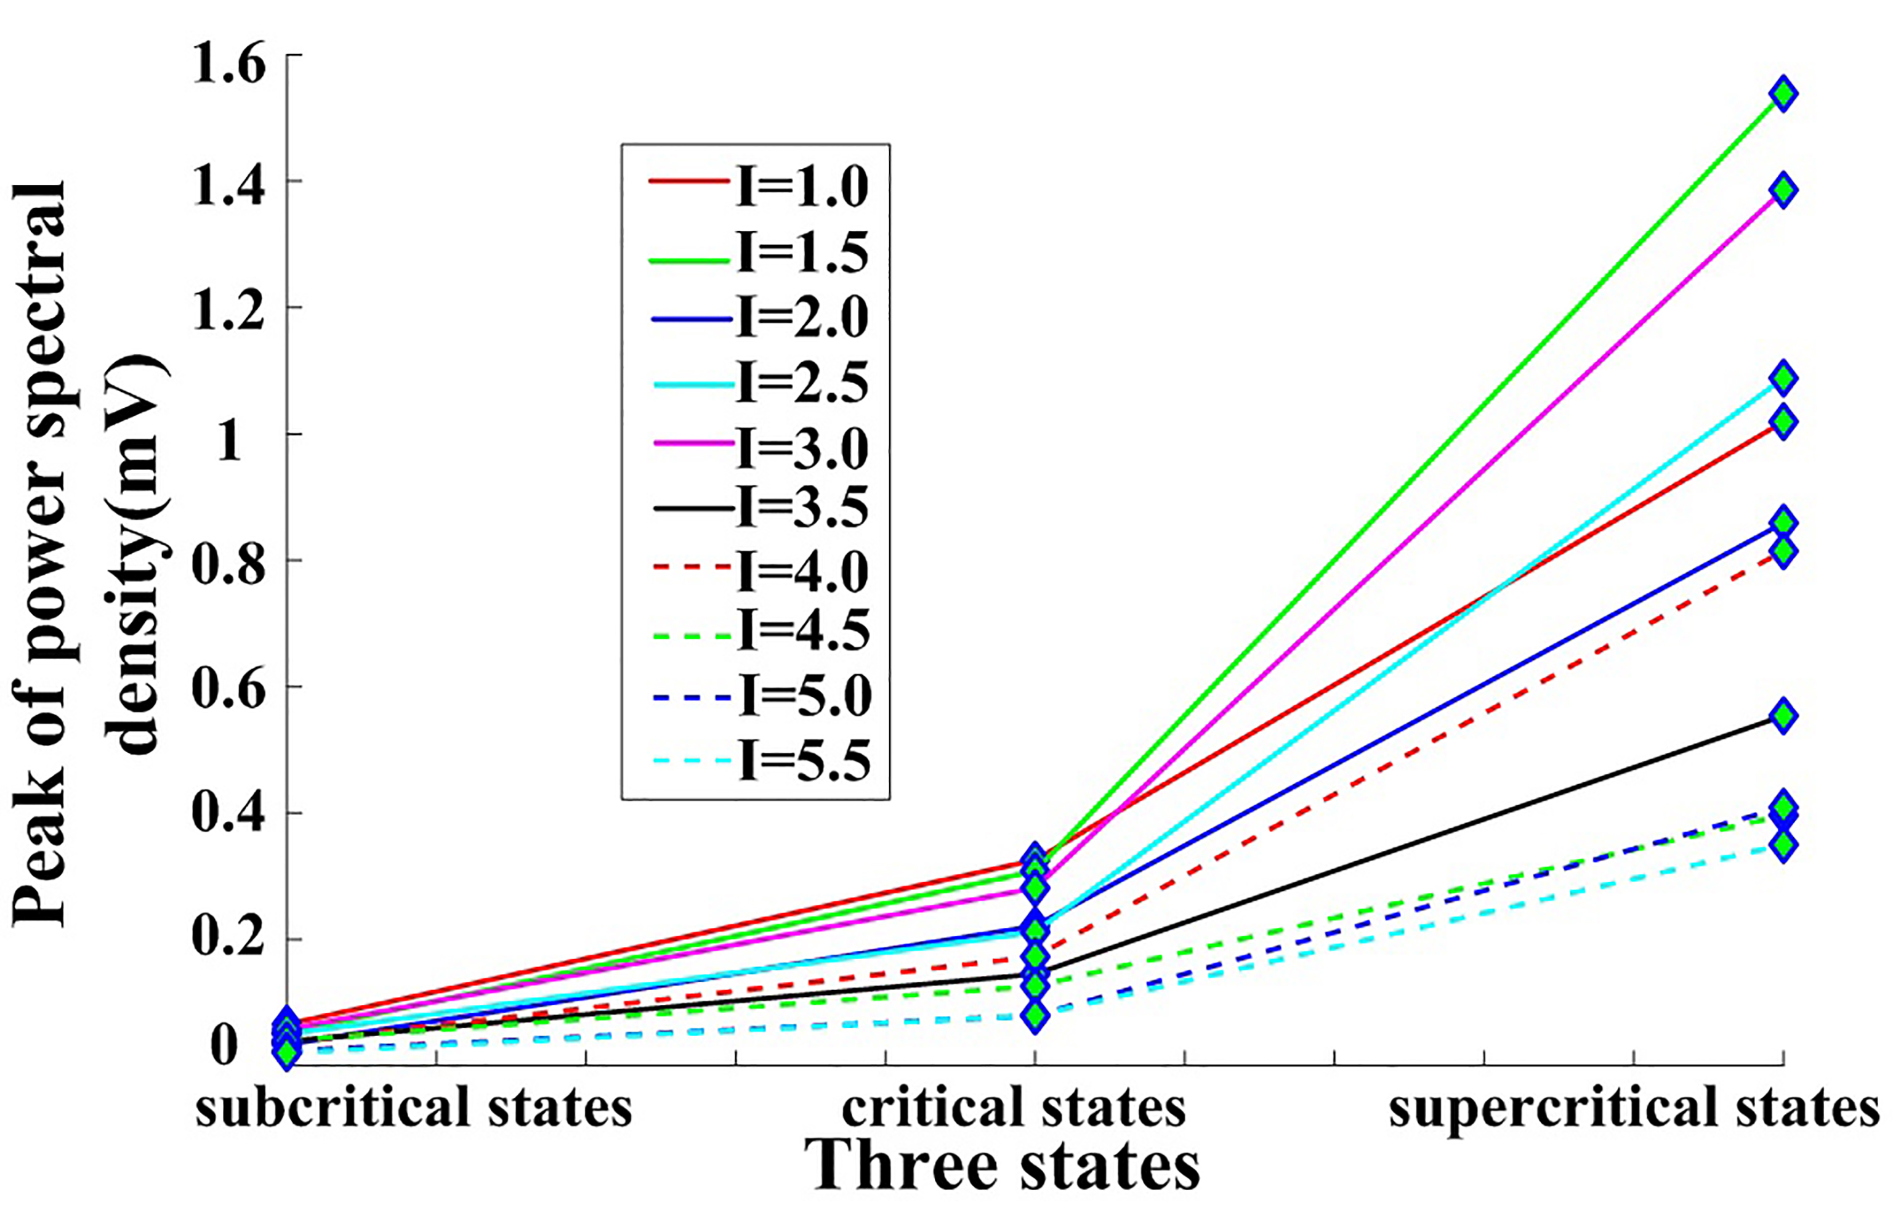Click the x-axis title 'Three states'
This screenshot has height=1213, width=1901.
1003,1166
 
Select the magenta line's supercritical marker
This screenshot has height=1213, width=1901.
1783,190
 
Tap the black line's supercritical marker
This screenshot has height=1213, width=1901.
1783,715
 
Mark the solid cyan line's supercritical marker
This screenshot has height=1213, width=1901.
1783,378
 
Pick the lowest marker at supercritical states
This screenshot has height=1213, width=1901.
1783,845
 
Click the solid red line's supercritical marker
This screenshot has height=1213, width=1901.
1783,422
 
